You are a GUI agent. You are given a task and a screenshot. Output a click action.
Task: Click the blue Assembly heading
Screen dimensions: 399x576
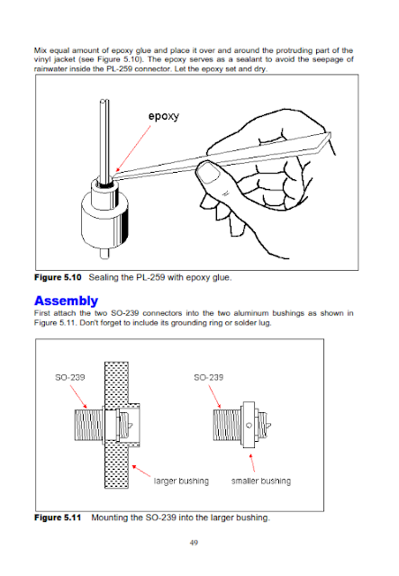[x=66, y=301]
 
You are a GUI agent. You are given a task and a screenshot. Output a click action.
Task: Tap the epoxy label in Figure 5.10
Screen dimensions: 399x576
[x=164, y=116]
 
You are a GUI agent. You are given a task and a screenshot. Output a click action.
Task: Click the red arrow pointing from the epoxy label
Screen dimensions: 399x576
[x=133, y=148]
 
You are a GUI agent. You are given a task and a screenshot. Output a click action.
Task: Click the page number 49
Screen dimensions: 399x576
[x=194, y=543]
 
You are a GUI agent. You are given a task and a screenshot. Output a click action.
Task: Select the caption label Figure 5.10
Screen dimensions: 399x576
[x=58, y=277]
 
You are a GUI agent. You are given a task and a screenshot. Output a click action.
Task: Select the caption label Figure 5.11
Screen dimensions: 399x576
[x=58, y=517]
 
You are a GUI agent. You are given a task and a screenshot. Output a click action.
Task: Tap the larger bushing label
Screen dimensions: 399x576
[x=181, y=481]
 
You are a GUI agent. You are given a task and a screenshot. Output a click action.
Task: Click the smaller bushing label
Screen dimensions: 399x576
[x=261, y=481]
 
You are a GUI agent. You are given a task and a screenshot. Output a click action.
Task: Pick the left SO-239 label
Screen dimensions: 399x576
[x=70, y=377]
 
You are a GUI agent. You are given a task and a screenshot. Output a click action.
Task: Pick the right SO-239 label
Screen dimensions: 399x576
[x=209, y=377]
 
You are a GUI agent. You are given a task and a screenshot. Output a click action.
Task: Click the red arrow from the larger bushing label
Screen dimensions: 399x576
[x=141, y=471]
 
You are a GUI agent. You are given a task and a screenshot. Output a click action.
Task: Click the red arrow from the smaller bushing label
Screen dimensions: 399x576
[x=252, y=463]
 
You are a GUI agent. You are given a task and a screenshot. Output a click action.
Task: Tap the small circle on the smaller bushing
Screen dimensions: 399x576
[x=249, y=426]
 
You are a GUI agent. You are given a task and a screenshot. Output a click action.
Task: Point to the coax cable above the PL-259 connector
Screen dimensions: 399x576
[x=104, y=141]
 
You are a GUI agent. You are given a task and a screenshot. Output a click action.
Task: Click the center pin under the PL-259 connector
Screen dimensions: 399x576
[x=104, y=254]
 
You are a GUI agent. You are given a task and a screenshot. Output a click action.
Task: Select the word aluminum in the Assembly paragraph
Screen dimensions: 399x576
[x=251, y=313]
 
